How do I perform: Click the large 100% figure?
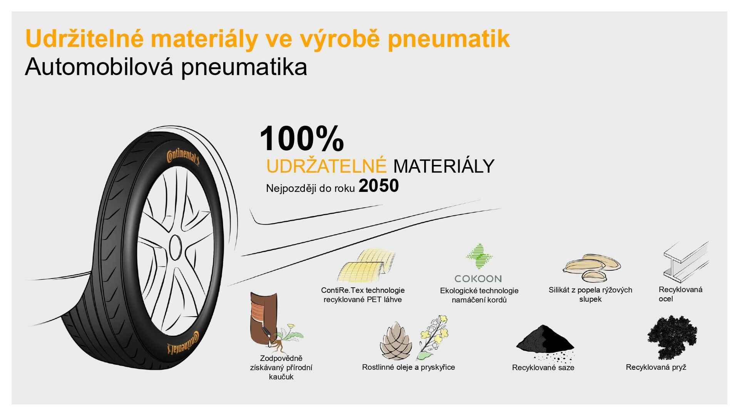point(302,139)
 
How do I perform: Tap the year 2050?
point(378,186)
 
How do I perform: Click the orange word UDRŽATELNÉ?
point(326,166)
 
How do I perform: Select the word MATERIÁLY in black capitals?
point(443,166)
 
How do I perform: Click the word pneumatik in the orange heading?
point(448,39)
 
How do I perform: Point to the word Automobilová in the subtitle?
point(99,67)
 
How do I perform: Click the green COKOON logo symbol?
point(479,256)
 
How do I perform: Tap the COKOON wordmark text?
point(478,278)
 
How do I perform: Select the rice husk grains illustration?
point(592,267)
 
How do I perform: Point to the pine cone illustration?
point(396,341)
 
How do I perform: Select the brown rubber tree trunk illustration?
point(262,318)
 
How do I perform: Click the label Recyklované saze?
point(543,367)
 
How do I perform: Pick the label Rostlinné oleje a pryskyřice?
point(408,367)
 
